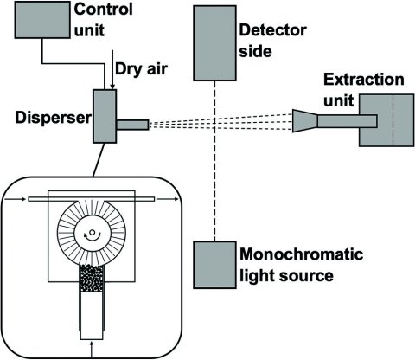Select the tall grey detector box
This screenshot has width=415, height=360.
click(213, 42)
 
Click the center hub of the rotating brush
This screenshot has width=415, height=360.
click(90, 233)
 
